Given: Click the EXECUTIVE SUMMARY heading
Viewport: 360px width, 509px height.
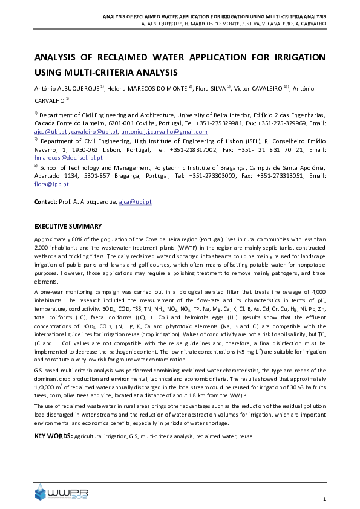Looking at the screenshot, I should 68,226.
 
